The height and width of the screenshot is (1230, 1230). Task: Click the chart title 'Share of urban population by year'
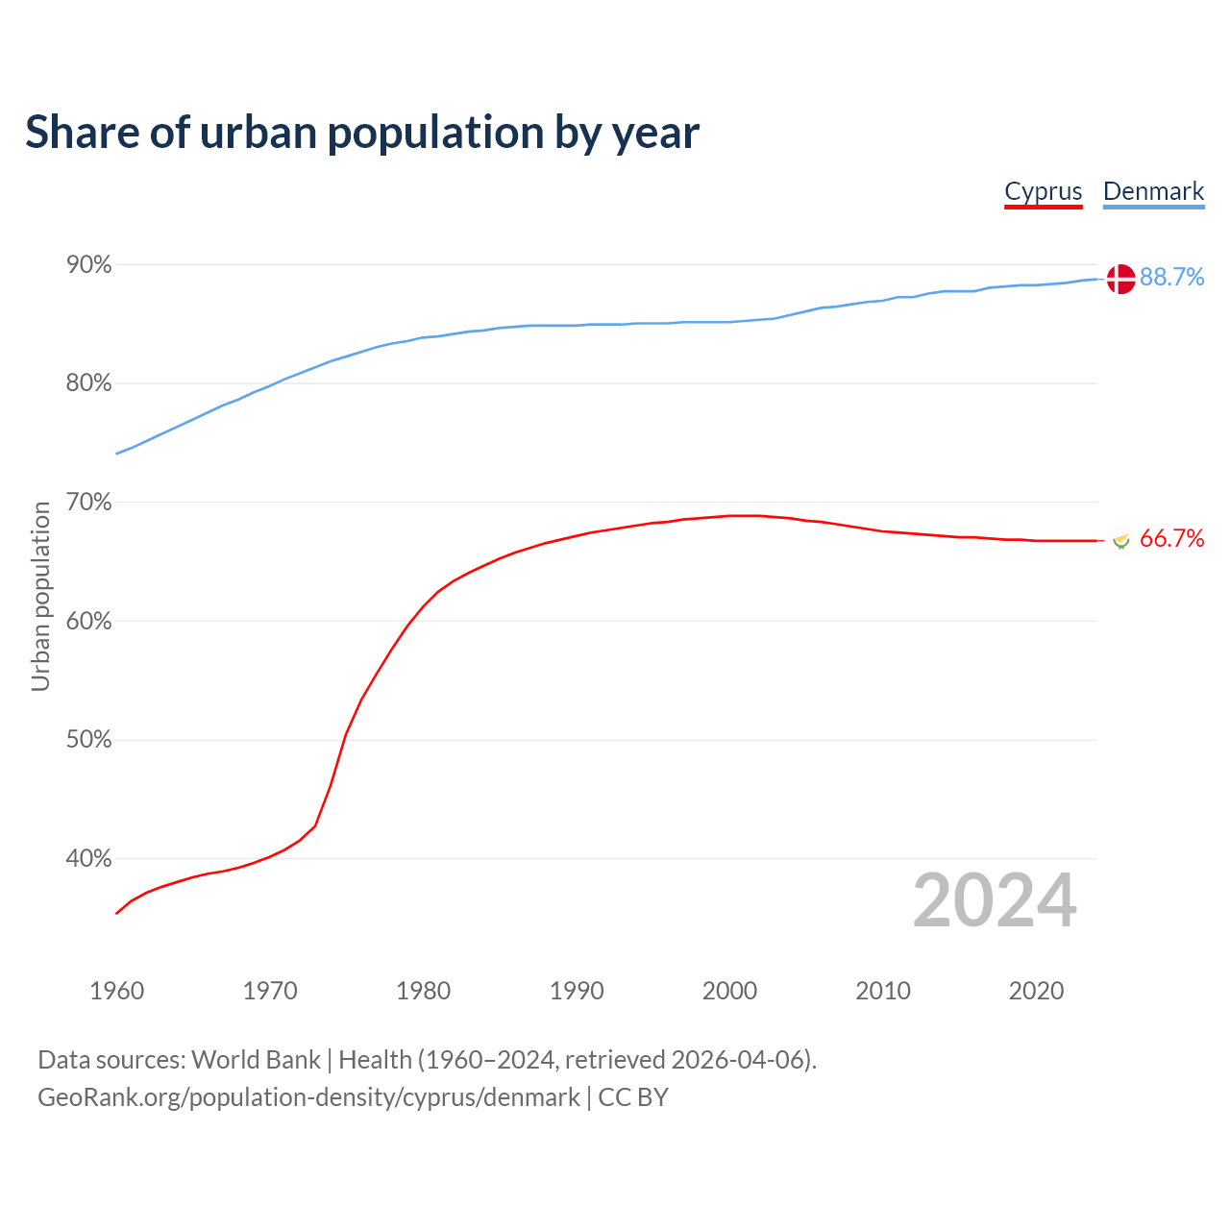(362, 133)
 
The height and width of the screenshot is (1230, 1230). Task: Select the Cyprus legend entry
(1043, 191)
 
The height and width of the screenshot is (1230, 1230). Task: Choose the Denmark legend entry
(1153, 191)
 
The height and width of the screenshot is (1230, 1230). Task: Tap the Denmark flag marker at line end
(1120, 279)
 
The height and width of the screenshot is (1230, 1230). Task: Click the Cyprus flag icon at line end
(1120, 540)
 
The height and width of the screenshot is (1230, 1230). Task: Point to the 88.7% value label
(1171, 278)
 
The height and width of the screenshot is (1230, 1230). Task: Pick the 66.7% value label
(1171, 539)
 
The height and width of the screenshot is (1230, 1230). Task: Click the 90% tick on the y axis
(88, 264)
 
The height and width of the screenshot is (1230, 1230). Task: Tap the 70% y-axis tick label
(88, 503)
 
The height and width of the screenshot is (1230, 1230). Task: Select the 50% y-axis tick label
(88, 740)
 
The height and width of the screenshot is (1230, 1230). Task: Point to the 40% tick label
(88, 859)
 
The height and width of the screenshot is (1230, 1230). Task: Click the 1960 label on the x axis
(116, 991)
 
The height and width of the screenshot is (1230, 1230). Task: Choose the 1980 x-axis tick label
(423, 991)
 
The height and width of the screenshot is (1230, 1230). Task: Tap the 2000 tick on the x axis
(729, 991)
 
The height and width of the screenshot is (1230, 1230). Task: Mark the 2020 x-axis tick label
(1036, 991)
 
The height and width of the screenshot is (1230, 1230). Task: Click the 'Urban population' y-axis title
(40, 597)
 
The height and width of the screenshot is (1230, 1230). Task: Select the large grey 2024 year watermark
(995, 901)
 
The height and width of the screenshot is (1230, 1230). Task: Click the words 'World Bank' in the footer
(256, 1060)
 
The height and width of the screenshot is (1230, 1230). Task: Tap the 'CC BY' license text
(633, 1097)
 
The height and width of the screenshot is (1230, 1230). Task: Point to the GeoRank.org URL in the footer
(308, 1097)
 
